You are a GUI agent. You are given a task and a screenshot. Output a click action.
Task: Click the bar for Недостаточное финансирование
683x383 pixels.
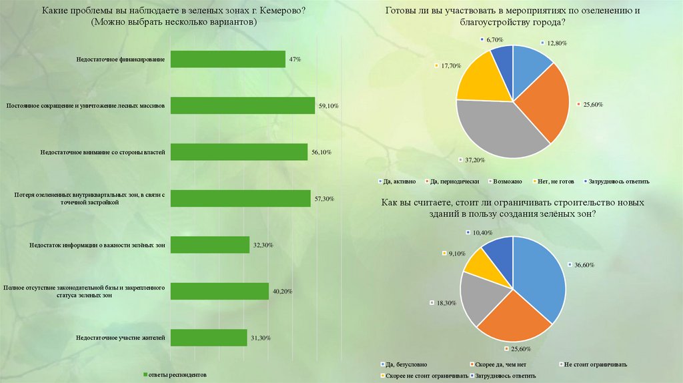[227, 59]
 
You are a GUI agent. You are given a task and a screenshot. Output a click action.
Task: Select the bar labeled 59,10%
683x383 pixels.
[242, 105]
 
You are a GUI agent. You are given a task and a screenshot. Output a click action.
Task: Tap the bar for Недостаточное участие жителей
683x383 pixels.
[209, 338]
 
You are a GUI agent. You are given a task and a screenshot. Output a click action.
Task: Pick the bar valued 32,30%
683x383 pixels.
[209, 245]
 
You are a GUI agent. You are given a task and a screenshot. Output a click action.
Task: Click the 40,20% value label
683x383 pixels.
[281, 292]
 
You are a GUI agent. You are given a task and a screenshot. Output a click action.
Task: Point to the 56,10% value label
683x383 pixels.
[321, 152]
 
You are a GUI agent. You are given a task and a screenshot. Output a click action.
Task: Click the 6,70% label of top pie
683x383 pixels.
[494, 40]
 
